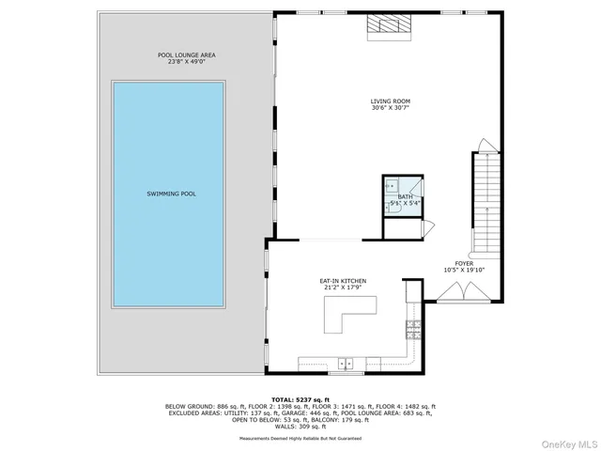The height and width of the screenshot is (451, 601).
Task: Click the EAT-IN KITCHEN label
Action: click(x=341, y=280)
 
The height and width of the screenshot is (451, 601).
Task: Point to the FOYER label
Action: click(x=464, y=263)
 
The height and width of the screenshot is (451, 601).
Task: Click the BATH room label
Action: click(x=405, y=196)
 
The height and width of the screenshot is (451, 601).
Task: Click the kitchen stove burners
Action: click(x=411, y=329)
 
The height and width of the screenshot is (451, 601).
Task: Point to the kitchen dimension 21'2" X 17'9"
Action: click(x=341, y=288)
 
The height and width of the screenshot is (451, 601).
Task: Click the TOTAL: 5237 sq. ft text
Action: click(x=300, y=399)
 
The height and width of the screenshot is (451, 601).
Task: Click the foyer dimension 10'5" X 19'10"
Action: click(x=464, y=271)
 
